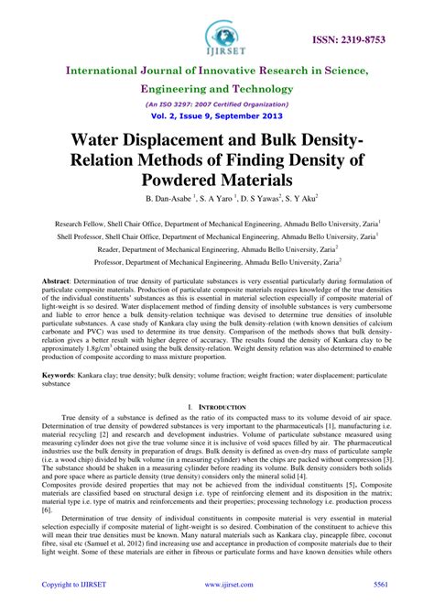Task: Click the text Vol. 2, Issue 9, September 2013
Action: (217, 116)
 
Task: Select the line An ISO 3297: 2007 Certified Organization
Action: (217, 104)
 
